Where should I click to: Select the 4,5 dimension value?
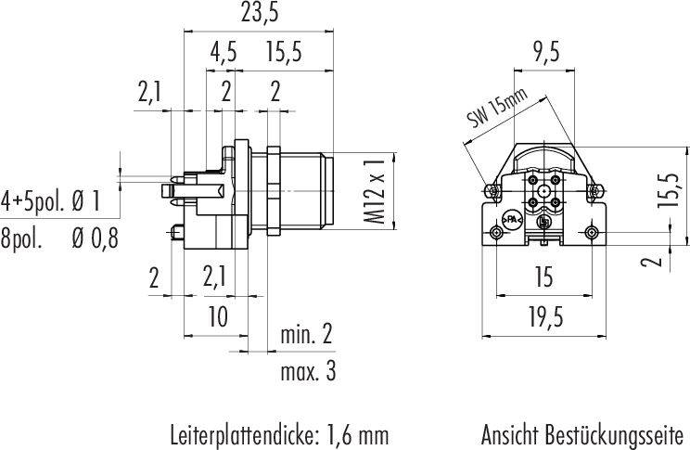(224, 52)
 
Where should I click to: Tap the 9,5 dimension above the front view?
(545, 52)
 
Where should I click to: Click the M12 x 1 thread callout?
(376, 192)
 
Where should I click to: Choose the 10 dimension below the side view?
(218, 316)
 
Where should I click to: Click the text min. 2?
(306, 335)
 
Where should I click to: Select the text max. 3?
(308, 372)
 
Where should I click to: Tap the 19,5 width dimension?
(545, 317)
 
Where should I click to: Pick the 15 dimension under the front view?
(543, 277)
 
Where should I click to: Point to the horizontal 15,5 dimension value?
(284, 52)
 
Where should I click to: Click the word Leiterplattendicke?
(242, 435)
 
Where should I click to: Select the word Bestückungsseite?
(615, 435)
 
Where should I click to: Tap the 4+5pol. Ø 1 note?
(51, 201)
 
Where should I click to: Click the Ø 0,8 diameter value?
(95, 239)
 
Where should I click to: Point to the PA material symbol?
(512, 219)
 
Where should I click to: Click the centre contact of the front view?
(544, 192)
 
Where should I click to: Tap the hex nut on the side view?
(274, 189)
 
